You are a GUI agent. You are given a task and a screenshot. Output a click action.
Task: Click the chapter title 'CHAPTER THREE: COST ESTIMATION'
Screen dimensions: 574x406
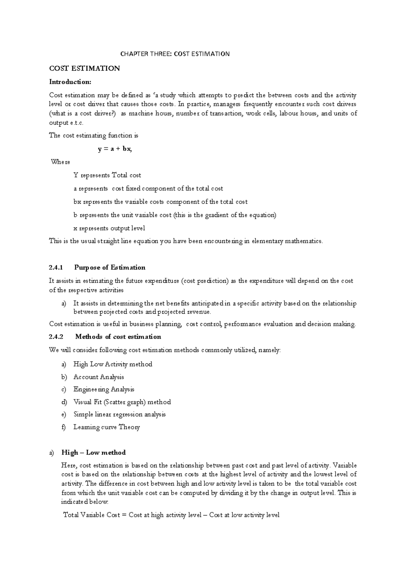pos(175,54)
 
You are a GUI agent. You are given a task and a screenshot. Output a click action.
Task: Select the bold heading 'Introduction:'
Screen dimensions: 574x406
pos(70,82)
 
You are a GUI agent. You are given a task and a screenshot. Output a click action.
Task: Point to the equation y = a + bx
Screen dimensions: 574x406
pos(115,149)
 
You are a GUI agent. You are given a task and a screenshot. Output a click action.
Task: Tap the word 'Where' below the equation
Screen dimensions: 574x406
pos(61,162)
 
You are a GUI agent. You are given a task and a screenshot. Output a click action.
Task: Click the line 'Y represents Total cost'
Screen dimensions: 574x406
pos(107,175)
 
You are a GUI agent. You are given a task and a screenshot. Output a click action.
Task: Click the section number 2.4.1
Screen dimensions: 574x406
pos(56,268)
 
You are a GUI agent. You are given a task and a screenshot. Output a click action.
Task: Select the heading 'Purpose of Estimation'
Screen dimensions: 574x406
pos(110,268)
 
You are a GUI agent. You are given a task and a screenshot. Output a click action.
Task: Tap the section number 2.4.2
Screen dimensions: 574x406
pos(56,337)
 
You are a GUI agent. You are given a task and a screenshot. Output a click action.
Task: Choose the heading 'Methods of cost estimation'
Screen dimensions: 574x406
pos(118,337)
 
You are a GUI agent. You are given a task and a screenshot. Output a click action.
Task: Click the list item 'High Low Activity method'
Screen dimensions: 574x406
pos(113,364)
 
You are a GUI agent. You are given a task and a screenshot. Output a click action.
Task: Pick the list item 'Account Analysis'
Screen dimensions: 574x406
pos(99,377)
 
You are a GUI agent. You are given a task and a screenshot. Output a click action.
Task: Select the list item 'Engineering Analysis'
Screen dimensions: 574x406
pos(104,390)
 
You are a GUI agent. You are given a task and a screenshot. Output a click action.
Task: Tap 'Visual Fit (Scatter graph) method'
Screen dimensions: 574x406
pos(122,402)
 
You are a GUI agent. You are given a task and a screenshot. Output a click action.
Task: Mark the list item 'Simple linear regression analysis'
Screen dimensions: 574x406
pos(119,415)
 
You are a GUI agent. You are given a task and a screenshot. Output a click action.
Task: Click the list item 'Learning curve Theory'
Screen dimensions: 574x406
pos(107,427)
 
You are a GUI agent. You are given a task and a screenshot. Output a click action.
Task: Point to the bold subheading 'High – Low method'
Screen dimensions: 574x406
pos(93,453)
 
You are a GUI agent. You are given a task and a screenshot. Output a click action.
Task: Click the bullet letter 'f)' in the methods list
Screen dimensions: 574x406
pos(64,427)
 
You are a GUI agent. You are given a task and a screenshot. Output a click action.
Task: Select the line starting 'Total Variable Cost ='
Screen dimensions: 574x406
pos(172,515)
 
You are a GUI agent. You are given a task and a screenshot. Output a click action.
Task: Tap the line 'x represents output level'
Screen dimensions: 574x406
pos(109,228)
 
